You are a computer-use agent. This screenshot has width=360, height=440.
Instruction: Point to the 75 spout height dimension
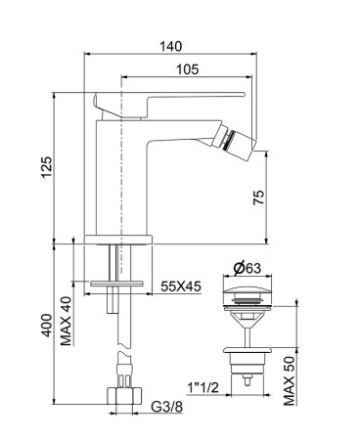click(258, 196)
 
